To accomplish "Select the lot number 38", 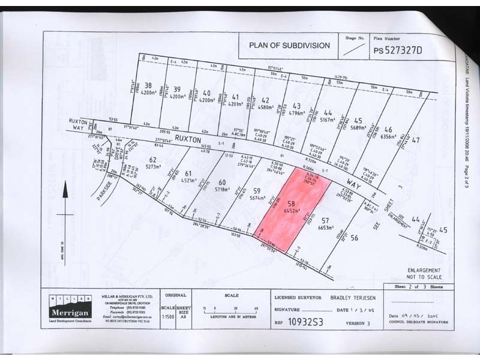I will (148, 85).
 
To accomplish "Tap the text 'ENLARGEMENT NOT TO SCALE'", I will (424, 274).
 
